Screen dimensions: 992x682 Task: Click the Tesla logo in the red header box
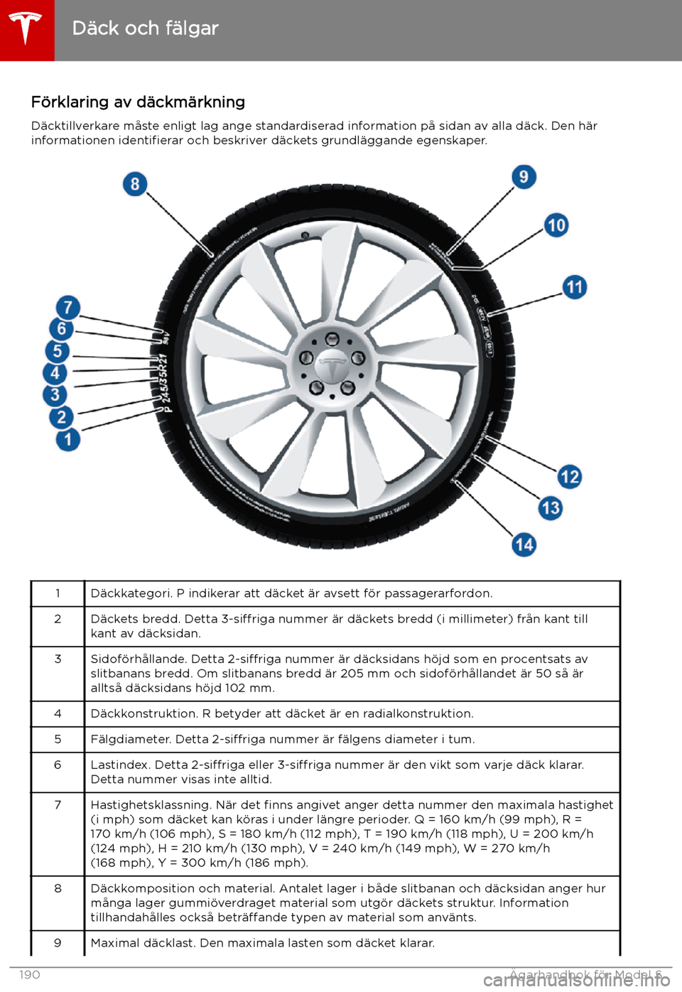coord(26,29)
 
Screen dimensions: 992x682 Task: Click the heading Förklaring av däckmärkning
coord(138,102)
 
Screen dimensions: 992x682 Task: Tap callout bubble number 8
coord(135,184)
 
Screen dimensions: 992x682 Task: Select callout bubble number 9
coord(524,176)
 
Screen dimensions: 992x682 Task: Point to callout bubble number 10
coord(556,225)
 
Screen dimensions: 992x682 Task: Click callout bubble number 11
coord(575,287)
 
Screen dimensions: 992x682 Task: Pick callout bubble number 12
coord(570,476)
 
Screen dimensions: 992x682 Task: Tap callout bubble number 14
coord(524,544)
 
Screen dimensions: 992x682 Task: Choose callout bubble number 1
coord(68,439)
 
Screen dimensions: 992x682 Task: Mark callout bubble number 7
coord(68,308)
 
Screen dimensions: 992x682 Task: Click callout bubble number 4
coord(55,372)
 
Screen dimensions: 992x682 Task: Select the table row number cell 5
coord(58,739)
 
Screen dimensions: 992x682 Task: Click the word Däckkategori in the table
coord(129,593)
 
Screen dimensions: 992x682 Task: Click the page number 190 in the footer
coord(30,974)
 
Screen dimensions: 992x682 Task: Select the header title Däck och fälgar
coord(146,28)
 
